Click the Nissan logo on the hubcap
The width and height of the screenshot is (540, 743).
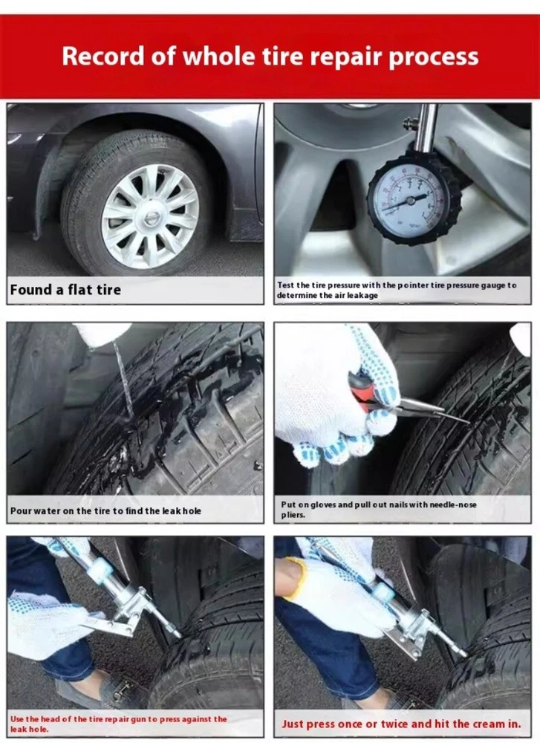[x=151, y=219]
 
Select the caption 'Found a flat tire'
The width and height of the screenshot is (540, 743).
[x=65, y=290]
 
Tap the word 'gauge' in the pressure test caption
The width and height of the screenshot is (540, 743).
[x=492, y=285]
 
